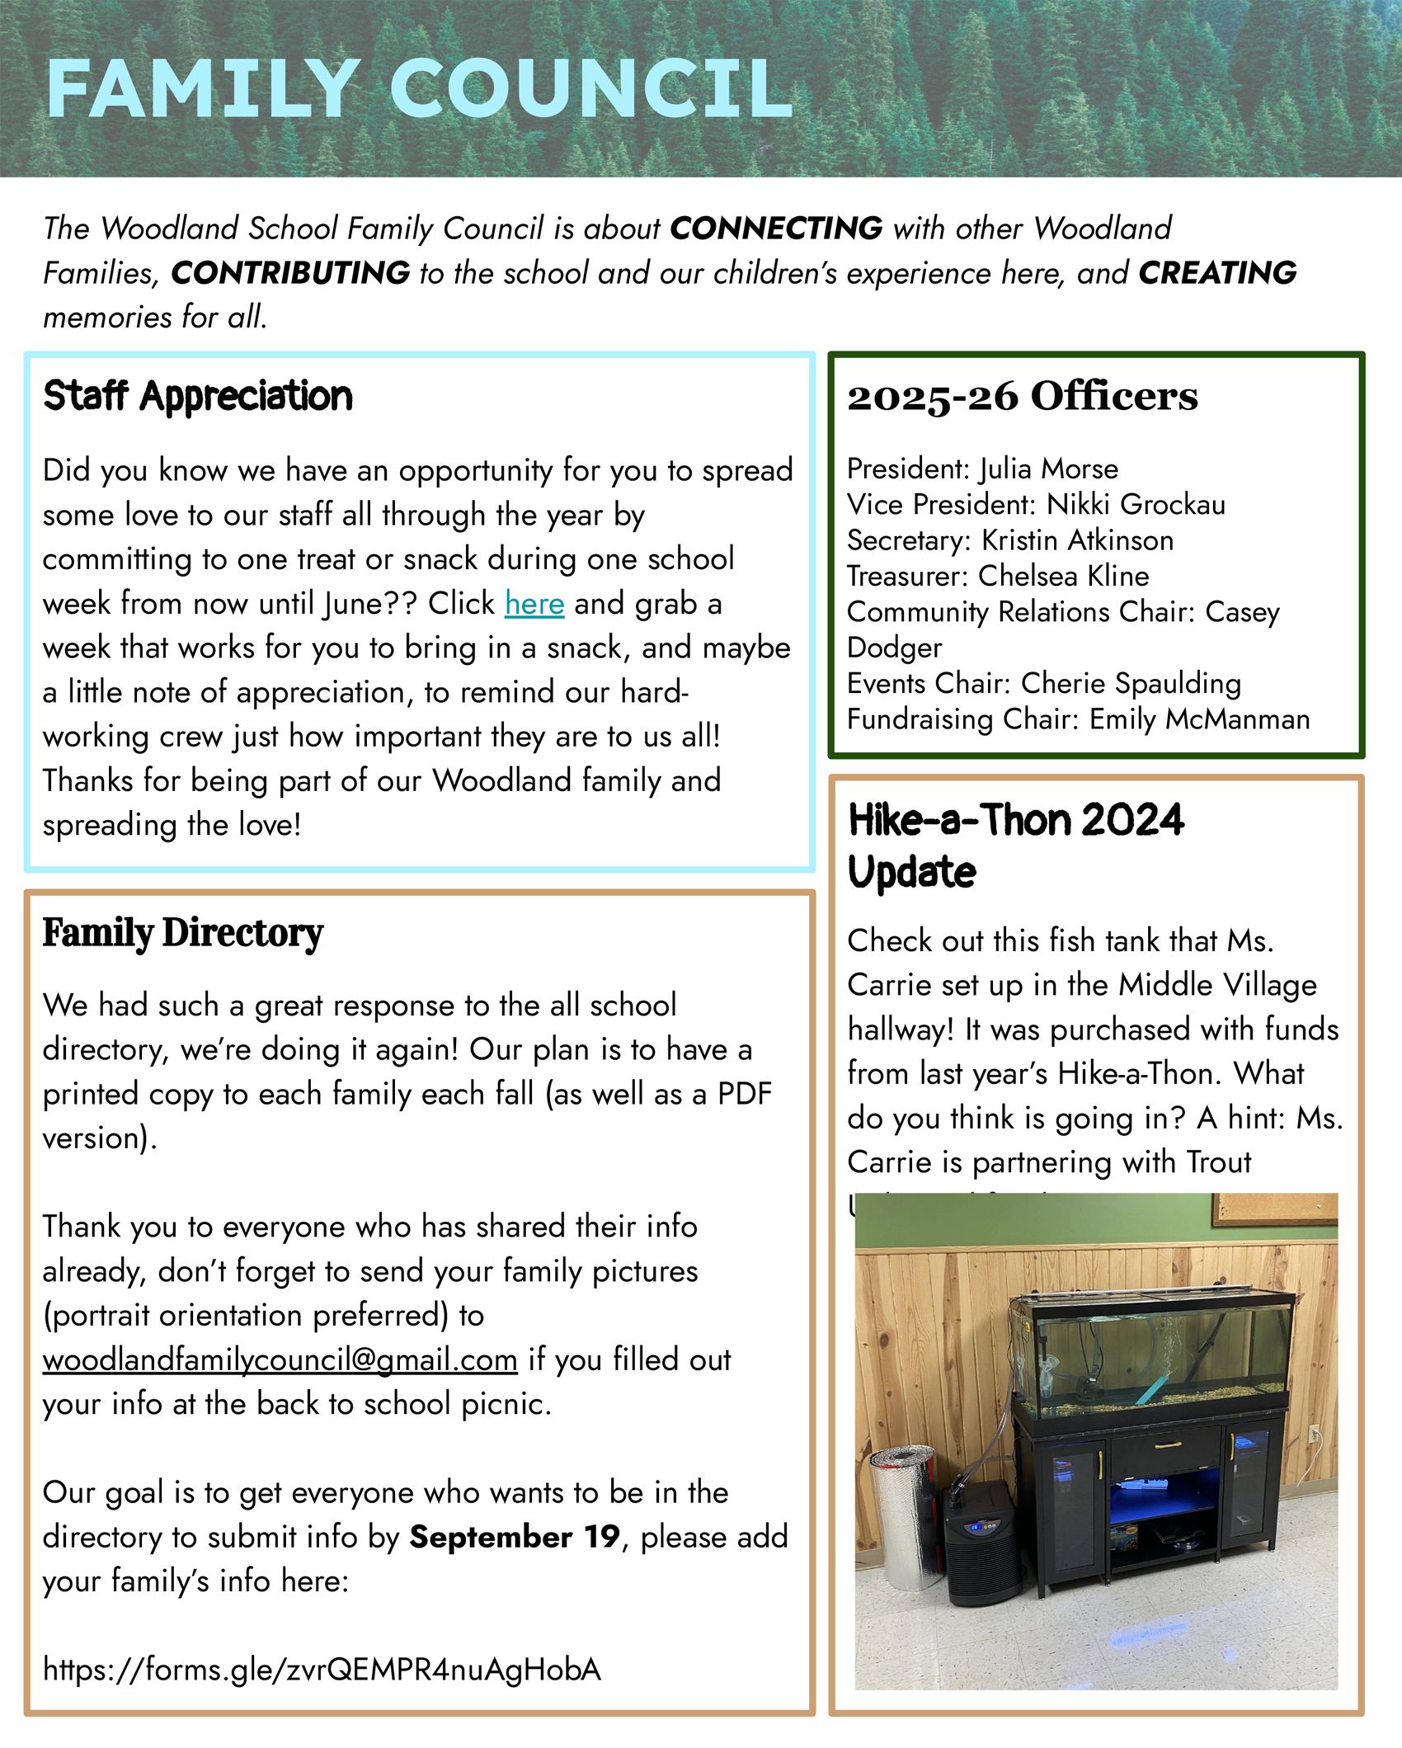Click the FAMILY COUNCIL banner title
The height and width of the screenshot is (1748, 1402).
coord(419,89)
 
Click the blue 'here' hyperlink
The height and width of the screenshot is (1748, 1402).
coord(534,604)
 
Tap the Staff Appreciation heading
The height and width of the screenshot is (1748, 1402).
coord(198,396)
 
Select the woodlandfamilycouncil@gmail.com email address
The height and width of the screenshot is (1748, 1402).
coord(280,1359)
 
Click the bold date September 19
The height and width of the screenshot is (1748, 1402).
coord(514,1537)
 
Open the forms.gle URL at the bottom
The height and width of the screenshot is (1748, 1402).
coord(322,1670)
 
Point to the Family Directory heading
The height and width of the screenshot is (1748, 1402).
coord(182,933)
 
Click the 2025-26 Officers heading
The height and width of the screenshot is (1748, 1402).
coord(1022,397)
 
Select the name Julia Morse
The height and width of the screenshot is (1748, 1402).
coord(1048,469)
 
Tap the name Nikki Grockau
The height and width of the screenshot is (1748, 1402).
coord(1136,504)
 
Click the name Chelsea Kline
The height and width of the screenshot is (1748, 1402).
coord(1063,576)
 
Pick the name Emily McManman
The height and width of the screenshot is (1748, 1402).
coord(1199,719)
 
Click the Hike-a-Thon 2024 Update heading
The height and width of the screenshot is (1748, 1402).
coord(1015,845)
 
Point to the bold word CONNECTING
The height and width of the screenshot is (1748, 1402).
coord(775,229)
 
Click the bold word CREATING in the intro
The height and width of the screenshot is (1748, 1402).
coord(1217,273)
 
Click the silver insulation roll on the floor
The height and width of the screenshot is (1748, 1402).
coord(904,1518)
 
